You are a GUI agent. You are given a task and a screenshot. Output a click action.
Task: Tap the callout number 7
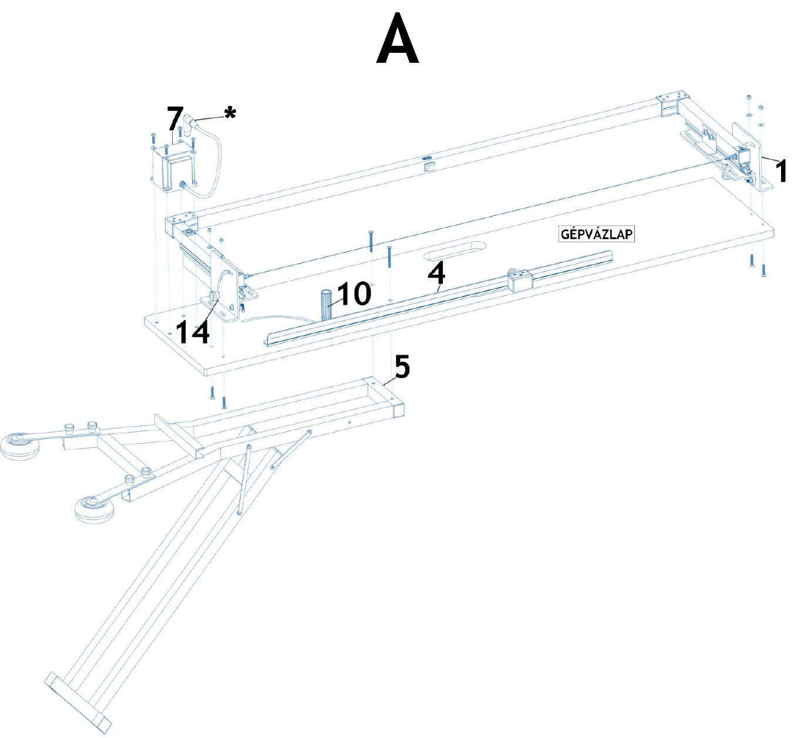(175, 119)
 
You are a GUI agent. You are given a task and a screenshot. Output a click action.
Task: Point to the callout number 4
(436, 274)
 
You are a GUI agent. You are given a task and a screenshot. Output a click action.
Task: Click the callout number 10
(354, 294)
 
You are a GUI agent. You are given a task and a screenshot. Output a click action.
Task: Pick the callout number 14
(193, 332)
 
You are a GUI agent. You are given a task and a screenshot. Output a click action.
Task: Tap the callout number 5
(402, 368)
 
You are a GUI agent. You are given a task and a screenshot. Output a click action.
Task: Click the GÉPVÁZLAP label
(597, 234)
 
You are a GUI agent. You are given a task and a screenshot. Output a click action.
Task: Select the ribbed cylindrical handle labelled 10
(327, 304)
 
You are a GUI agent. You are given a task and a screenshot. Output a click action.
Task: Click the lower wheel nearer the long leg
(95, 510)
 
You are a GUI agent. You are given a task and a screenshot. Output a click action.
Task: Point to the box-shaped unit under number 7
(174, 170)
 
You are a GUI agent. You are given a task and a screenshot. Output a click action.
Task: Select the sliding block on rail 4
(519, 280)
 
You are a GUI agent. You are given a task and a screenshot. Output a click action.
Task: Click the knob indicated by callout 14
(213, 295)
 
